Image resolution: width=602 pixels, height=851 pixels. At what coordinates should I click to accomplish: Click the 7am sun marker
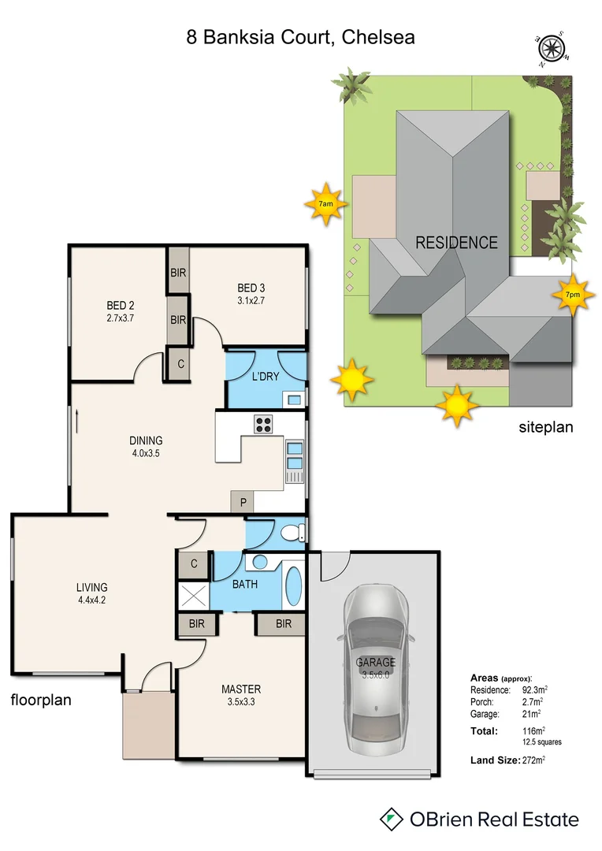click(x=325, y=204)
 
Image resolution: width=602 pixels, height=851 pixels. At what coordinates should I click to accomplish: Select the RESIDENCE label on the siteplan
click(x=456, y=243)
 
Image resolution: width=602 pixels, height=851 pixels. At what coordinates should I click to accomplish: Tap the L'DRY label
click(x=266, y=377)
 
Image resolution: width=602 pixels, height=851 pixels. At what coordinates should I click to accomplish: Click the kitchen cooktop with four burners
click(x=263, y=424)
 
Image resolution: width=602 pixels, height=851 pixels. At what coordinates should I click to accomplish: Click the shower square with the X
click(x=191, y=593)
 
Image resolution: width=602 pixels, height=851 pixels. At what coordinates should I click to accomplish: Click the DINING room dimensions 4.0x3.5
click(x=146, y=453)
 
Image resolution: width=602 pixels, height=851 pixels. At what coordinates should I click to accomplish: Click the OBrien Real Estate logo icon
click(x=391, y=819)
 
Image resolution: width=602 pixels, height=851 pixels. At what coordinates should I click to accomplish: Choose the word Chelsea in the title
click(x=379, y=37)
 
